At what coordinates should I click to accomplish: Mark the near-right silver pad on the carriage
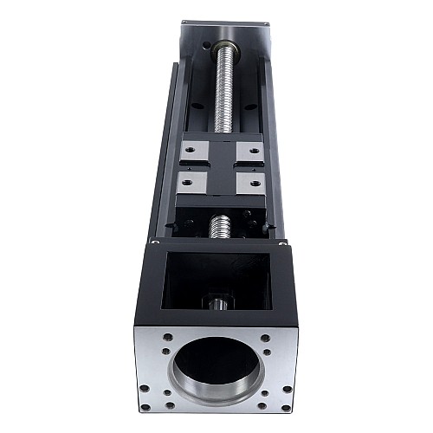(x=251, y=184)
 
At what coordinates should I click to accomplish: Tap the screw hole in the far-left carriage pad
(x=186, y=151)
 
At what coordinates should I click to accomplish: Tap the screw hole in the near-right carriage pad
(x=255, y=184)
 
